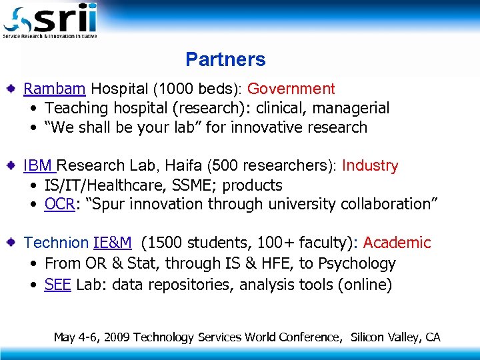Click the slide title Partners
coord(225,59)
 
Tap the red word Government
coord(291,89)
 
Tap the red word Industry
coord(369,166)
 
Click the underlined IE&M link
coord(112,243)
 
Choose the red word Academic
coord(397,243)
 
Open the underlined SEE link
coord(58,285)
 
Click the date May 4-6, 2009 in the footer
coord(91,337)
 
